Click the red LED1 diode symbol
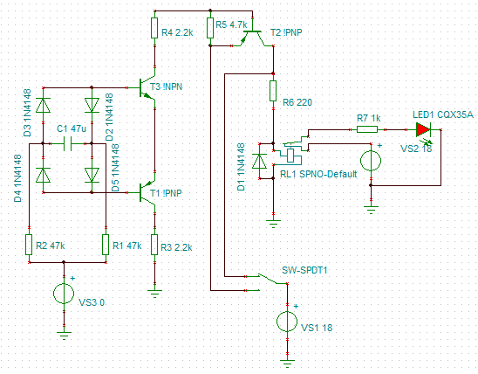[x=423, y=129]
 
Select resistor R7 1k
[x=367, y=129]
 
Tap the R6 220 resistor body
[x=273, y=91]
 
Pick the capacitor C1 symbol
[x=67, y=143]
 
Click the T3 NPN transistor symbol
[x=146, y=87]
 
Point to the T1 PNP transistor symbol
[x=146, y=192]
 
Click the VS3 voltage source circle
[x=64, y=294]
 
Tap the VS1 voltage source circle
[x=287, y=322]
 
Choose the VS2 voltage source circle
[x=371, y=160]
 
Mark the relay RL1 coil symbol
[x=290, y=155]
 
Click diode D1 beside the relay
[x=259, y=161]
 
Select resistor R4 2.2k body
[x=154, y=28]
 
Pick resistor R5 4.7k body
[x=210, y=28]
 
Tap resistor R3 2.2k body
[x=154, y=245]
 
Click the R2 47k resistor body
[x=29, y=245]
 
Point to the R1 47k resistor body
[x=106, y=245]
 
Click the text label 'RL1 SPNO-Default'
[x=318, y=174]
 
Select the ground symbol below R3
[x=155, y=294]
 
